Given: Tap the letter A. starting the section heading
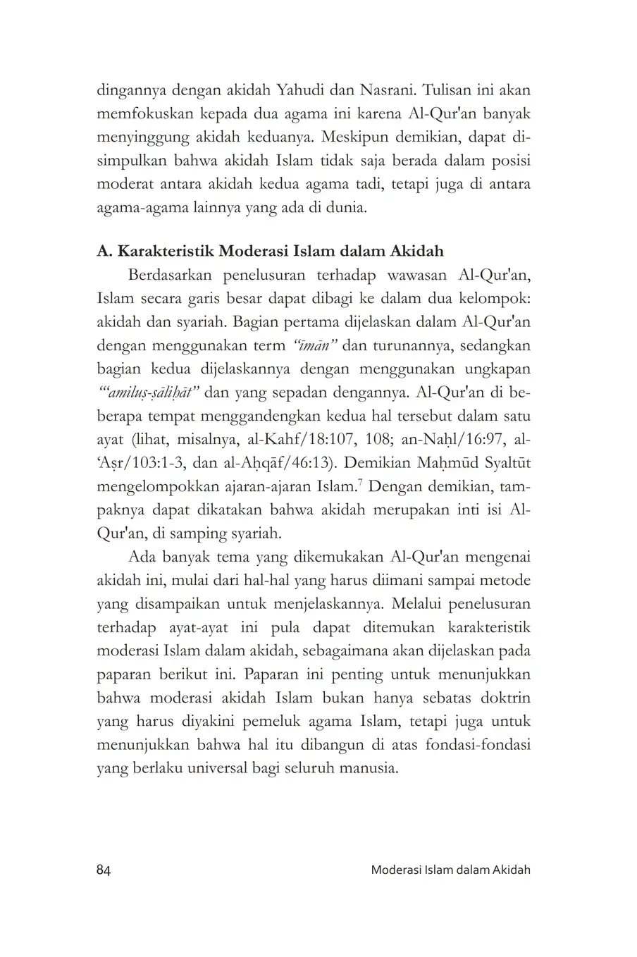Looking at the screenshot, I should (104, 252).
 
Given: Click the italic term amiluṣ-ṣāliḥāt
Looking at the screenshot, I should (149, 392).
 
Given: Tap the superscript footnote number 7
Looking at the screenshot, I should (360, 481).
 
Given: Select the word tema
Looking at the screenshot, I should (222, 557).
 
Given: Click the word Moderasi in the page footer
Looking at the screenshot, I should (396, 870).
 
